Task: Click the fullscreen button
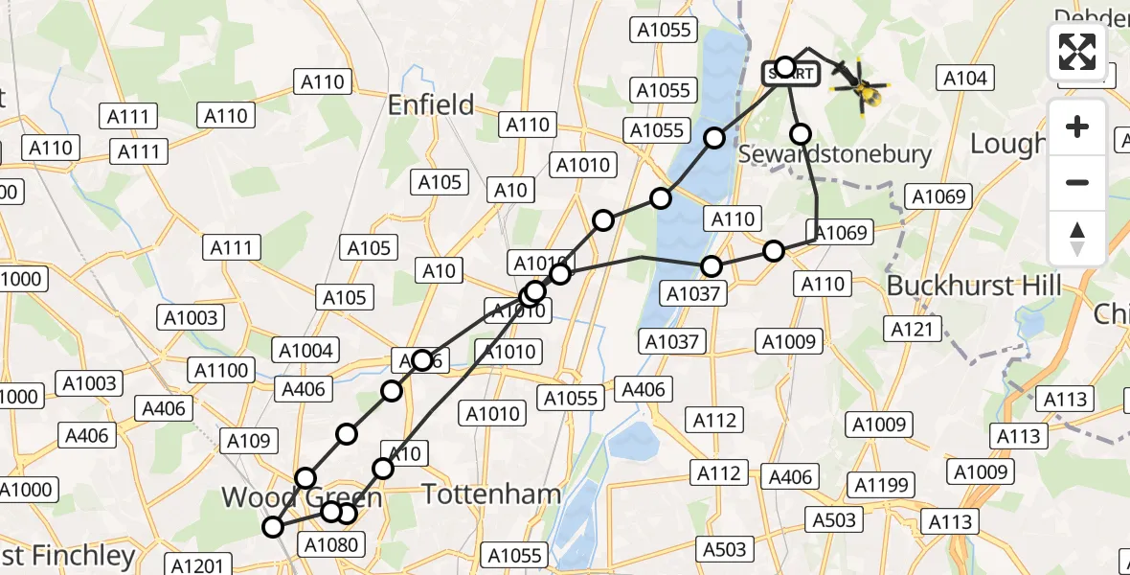click(1077, 52)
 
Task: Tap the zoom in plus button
click(1077, 126)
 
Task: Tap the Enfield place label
click(431, 104)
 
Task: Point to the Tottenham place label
click(491, 494)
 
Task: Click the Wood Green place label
click(302, 497)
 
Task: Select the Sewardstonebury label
click(835, 153)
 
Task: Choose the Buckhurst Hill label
click(974, 286)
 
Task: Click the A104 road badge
click(965, 79)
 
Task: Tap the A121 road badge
click(912, 330)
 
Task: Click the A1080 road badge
click(331, 545)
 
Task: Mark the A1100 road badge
click(221, 370)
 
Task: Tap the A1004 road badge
click(305, 351)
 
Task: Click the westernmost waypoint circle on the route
click(274, 526)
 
